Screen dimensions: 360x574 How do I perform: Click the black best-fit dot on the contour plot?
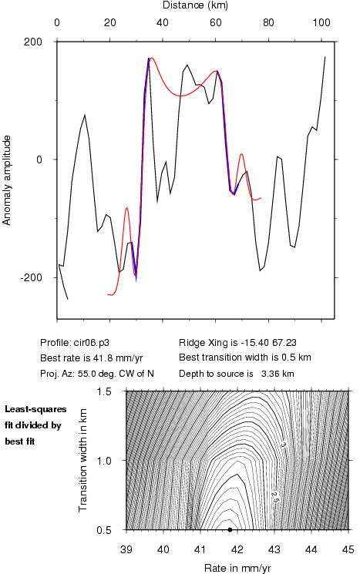click(x=230, y=529)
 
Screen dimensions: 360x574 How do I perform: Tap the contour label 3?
click(x=283, y=445)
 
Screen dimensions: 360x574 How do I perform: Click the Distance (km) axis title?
click(x=195, y=5)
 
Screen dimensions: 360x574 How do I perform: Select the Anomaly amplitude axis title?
click(x=7, y=180)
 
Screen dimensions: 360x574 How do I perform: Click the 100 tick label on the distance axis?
click(x=321, y=22)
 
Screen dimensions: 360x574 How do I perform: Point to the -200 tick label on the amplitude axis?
click(x=31, y=277)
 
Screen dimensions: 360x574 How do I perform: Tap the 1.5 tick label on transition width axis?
click(x=104, y=391)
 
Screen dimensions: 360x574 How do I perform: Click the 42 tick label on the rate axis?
click(x=237, y=549)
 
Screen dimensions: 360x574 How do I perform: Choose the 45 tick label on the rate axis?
click(x=348, y=549)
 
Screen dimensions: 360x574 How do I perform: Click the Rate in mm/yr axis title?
click(x=237, y=568)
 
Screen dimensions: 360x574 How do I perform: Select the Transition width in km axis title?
click(x=83, y=460)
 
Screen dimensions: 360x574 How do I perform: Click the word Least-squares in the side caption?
click(x=35, y=409)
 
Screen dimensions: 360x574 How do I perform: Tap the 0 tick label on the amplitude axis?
click(x=39, y=159)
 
